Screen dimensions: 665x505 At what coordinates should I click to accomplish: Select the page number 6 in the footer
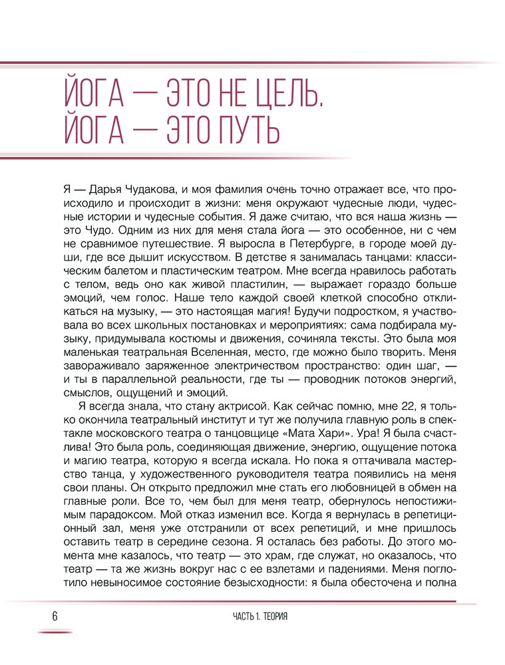coord(55,616)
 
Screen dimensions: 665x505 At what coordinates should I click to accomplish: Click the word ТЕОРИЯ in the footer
coord(274,616)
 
